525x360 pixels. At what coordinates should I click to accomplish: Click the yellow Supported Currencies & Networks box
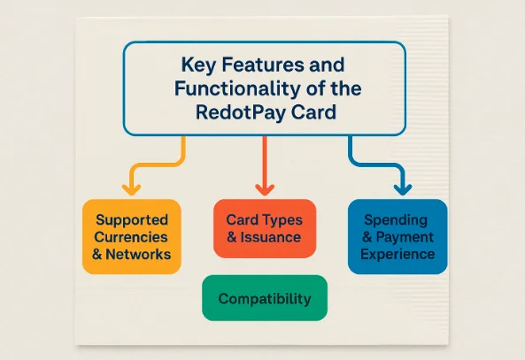pyautogui.click(x=132, y=235)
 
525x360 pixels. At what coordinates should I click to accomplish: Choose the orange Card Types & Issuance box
pyautogui.click(x=264, y=228)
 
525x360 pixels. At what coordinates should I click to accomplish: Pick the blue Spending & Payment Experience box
pyautogui.click(x=398, y=236)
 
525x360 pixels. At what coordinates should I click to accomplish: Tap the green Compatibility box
pyautogui.click(x=265, y=298)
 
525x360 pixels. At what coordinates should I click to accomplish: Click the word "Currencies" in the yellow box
pyautogui.click(x=132, y=236)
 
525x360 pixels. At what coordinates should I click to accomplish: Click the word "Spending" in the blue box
pyautogui.click(x=398, y=218)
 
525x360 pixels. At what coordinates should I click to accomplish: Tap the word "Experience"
pyautogui.click(x=398, y=254)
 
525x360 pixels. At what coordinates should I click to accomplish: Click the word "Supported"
pyautogui.click(x=132, y=218)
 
